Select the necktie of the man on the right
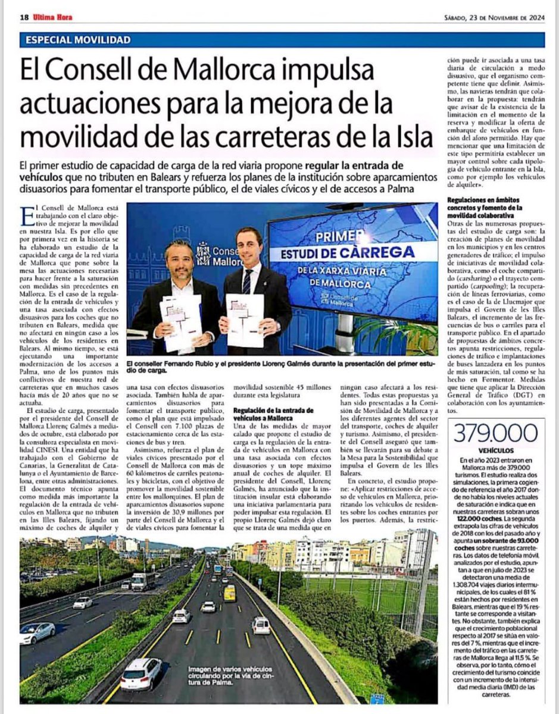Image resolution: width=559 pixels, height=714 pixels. click(246, 282)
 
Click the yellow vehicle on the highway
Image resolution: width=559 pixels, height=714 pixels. click(229, 593)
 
